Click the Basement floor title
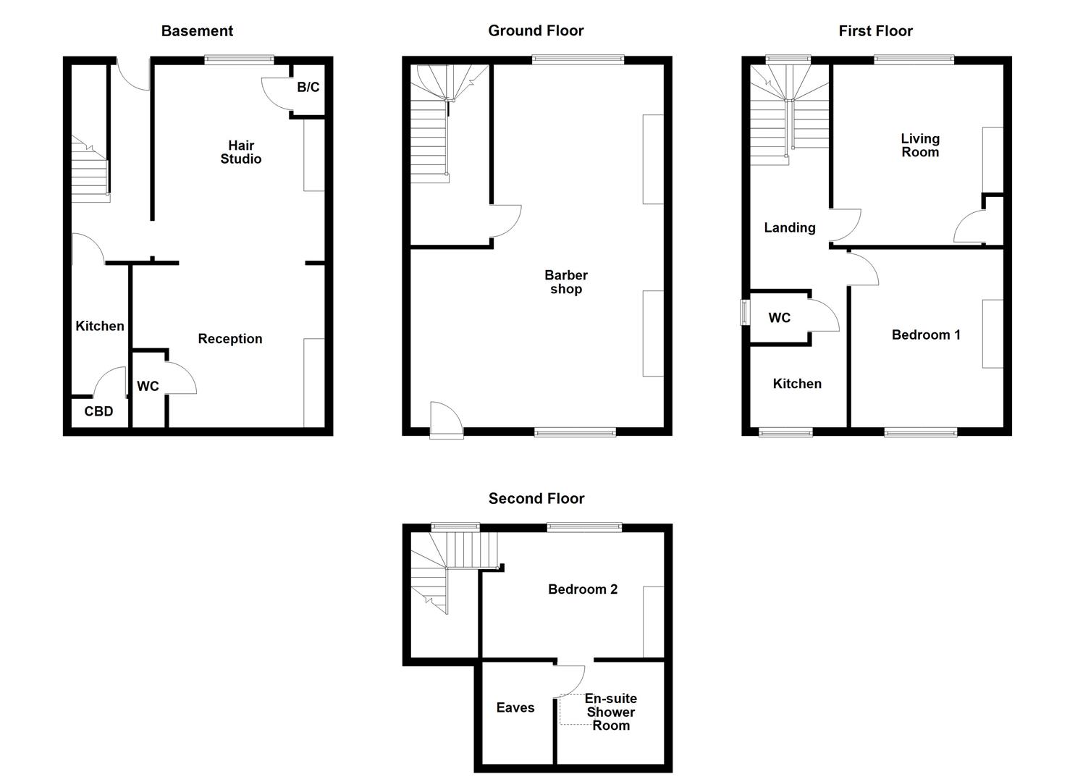[x=197, y=31]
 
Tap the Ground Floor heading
[x=536, y=30]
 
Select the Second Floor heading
[x=536, y=498]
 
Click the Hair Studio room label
[x=241, y=152]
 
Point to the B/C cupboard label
[x=308, y=88]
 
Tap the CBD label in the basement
[x=98, y=411]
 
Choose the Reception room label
[x=230, y=339]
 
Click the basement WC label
[x=148, y=387]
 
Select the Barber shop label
[x=566, y=282]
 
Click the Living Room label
[x=920, y=145]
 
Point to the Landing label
[x=790, y=227]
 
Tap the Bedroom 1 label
[x=926, y=335]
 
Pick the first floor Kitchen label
[x=797, y=384]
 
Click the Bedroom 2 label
[x=583, y=589]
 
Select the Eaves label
[x=515, y=707]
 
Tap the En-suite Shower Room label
[x=611, y=712]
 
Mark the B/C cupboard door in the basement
[x=276, y=91]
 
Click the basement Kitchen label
[x=100, y=326]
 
